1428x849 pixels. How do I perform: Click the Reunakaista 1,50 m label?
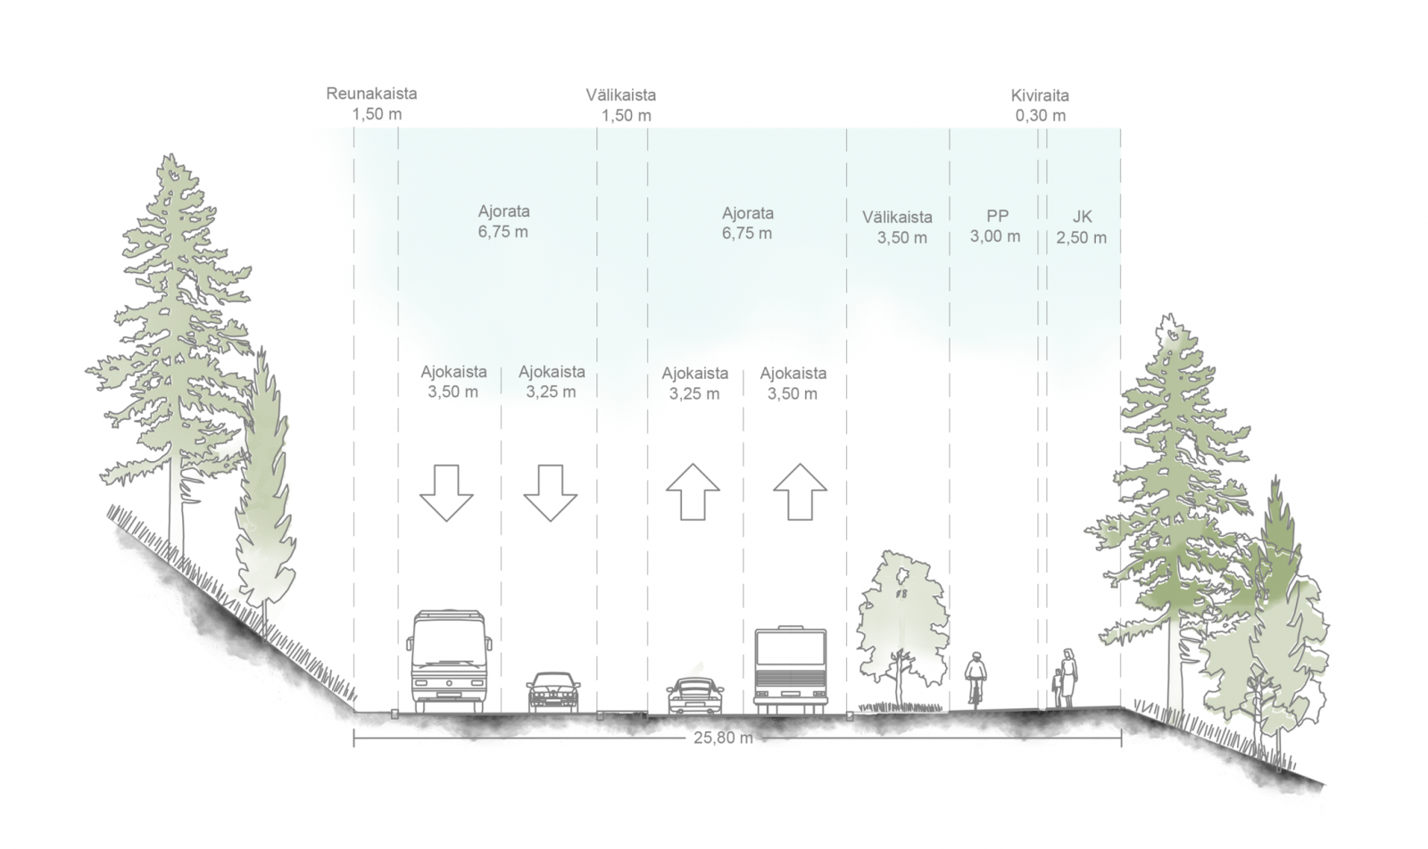click(x=371, y=103)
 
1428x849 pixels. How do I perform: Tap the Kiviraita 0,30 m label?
click(x=1040, y=105)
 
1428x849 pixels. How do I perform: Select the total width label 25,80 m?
click(x=723, y=738)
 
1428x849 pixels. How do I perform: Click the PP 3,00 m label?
click(x=996, y=227)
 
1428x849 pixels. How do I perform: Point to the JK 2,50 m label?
click(x=1081, y=227)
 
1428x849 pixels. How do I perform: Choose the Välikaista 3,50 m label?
click(x=897, y=227)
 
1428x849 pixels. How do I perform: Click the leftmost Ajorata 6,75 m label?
click(x=503, y=222)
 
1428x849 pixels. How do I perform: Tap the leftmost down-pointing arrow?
click(x=445, y=492)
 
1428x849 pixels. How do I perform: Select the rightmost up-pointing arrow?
click(x=800, y=491)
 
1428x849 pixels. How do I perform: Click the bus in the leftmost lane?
click(x=449, y=661)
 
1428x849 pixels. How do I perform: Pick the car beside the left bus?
click(x=553, y=692)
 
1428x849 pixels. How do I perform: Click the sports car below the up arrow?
click(x=695, y=697)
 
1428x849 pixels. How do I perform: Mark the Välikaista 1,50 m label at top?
click(x=621, y=105)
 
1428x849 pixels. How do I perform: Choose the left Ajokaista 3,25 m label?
click(x=552, y=382)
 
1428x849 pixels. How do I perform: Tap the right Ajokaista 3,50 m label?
click(x=793, y=383)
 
